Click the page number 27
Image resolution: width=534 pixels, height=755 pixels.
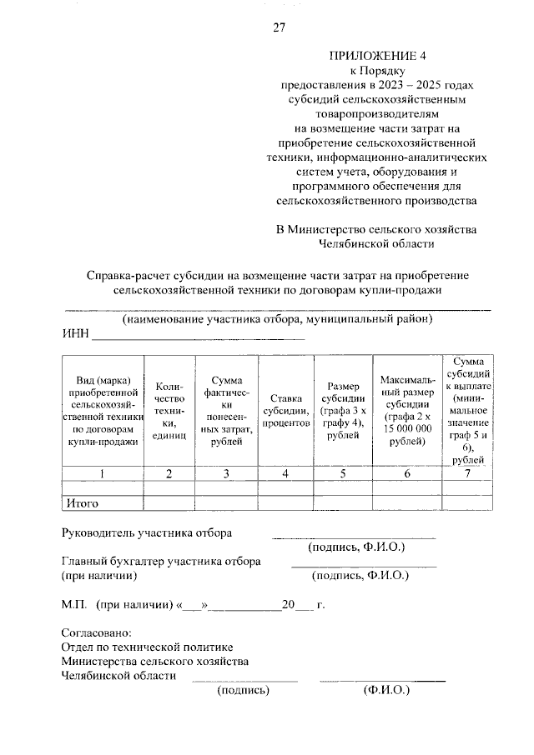[279, 28]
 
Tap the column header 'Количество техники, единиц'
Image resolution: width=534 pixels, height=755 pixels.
[169, 412]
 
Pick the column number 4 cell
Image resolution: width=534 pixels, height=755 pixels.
[285, 474]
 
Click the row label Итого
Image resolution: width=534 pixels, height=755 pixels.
[82, 503]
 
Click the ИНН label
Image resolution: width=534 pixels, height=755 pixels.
[75, 335]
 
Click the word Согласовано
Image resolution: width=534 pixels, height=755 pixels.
[97, 632]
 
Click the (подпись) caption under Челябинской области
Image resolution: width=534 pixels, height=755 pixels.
[243, 690]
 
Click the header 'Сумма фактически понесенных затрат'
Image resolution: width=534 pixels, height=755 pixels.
[226, 411]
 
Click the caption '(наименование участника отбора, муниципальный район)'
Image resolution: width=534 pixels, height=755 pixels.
[276, 320]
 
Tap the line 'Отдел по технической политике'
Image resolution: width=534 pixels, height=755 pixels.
[148, 647]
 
